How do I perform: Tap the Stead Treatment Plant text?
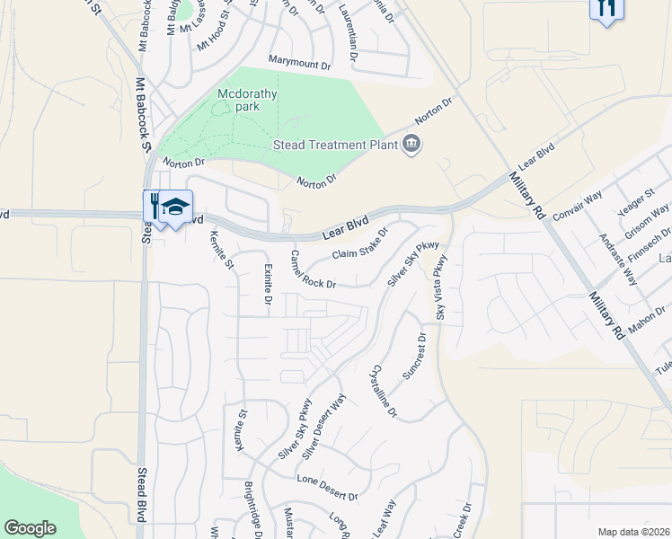coord(332,145)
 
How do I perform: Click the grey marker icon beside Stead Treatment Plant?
coord(412,144)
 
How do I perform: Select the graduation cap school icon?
coord(176,206)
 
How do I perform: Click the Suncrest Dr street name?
coord(415,355)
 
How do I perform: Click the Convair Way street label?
coord(576,209)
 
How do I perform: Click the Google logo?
coord(30,528)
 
